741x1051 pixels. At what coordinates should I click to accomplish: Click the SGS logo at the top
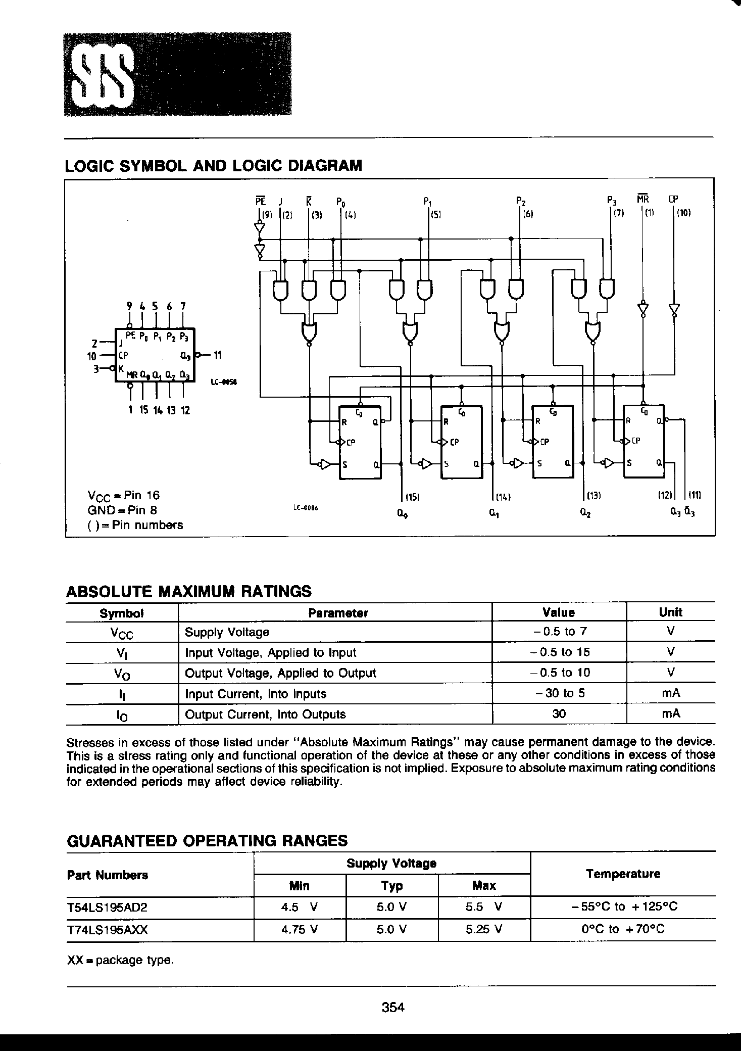[x=177, y=74]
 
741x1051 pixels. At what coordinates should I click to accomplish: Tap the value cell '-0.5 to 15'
[x=559, y=652]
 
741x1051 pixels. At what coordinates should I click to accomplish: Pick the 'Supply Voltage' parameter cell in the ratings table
[x=227, y=632]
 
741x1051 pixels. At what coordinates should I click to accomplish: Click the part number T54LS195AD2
[x=107, y=906]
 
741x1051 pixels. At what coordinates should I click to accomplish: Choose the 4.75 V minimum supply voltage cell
[x=299, y=929]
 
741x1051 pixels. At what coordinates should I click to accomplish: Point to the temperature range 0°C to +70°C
[x=623, y=929]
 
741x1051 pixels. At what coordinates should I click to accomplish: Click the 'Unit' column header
[x=670, y=612]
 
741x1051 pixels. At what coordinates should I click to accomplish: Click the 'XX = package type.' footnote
[x=120, y=960]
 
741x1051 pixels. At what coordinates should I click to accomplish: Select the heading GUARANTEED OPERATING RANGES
[x=207, y=840]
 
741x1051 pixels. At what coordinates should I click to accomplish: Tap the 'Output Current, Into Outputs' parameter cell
[x=265, y=714]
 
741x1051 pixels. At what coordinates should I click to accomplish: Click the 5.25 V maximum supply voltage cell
[x=484, y=929]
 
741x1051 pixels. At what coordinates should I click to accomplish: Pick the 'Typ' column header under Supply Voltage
[x=392, y=885]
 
